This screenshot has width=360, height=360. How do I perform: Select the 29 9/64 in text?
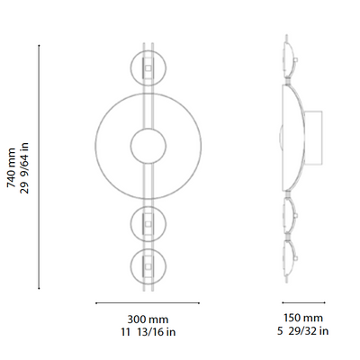[24, 166]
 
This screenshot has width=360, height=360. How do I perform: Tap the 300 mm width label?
[147, 319]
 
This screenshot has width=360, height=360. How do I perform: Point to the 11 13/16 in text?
[147, 331]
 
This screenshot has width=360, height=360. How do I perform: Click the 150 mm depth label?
[303, 319]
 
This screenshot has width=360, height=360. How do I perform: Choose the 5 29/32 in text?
[303, 331]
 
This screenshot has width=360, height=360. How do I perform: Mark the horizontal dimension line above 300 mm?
[147, 302]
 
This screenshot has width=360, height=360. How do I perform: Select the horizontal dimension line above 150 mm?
[303, 302]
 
